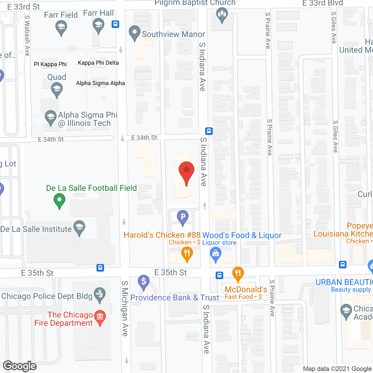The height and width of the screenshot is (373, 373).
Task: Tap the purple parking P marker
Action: point(183,217)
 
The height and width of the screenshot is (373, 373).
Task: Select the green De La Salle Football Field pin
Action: point(59,201)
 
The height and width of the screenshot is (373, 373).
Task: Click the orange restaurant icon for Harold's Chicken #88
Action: point(187,253)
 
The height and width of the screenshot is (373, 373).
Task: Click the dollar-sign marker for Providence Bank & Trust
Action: point(144,282)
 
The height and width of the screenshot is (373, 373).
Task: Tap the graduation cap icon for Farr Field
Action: point(61,28)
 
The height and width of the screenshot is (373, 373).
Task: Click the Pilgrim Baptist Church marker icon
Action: point(222,14)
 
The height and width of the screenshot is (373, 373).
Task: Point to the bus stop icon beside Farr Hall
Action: point(115,24)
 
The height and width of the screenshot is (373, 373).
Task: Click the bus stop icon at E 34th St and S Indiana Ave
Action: point(209,131)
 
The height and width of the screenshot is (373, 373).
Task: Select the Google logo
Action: point(20,366)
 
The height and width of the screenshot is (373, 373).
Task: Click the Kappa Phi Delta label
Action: point(98,63)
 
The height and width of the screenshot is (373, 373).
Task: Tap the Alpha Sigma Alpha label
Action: point(101,83)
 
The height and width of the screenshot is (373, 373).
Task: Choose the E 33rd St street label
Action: point(23,7)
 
